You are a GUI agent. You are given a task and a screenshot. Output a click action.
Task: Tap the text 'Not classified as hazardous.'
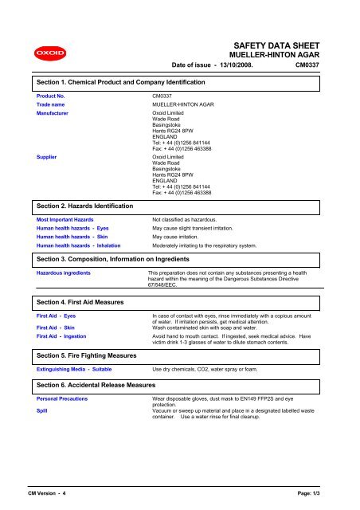click(x=190, y=218)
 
